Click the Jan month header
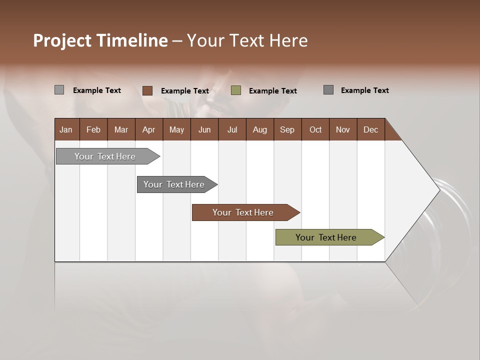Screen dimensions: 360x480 [x=66, y=129]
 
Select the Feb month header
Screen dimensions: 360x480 [x=93, y=129]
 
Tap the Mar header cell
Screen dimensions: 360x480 [x=121, y=129]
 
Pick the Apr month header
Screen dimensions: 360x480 [x=149, y=129]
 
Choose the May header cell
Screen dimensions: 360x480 [x=176, y=129]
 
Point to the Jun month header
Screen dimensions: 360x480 [x=204, y=129]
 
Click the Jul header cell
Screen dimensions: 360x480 [x=232, y=129]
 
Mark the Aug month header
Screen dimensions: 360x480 [x=260, y=129]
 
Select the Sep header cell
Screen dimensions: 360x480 [x=287, y=129]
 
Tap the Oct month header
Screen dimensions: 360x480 [x=315, y=129]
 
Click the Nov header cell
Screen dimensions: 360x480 [x=343, y=129]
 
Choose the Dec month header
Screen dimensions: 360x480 [x=371, y=129]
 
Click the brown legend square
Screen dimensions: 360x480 [x=147, y=90]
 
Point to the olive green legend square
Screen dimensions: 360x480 [x=236, y=90]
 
